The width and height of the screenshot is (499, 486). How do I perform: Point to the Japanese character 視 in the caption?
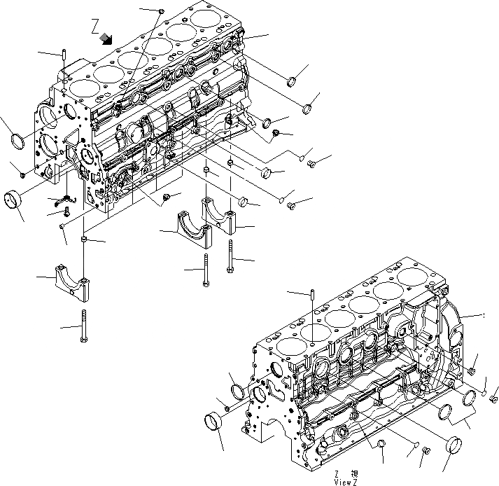click(355, 473)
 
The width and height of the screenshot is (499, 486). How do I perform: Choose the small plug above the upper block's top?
click(162, 11)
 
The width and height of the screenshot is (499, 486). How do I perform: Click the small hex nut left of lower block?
click(227, 408)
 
